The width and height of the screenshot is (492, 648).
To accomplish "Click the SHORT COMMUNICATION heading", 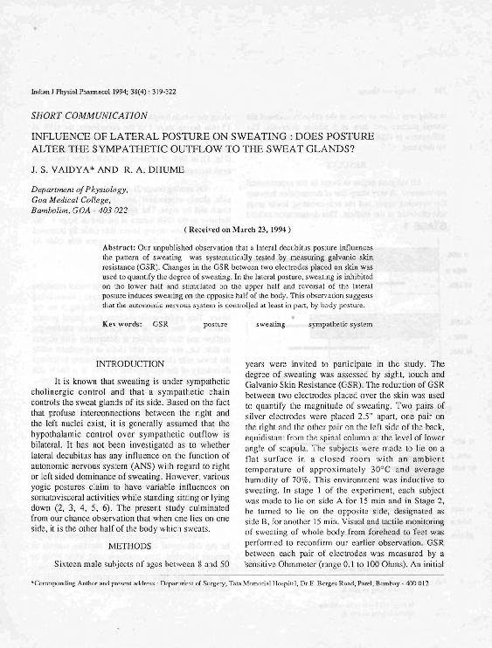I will [x=88, y=114].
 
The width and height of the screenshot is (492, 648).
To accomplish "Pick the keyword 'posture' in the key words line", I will [x=215, y=324].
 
